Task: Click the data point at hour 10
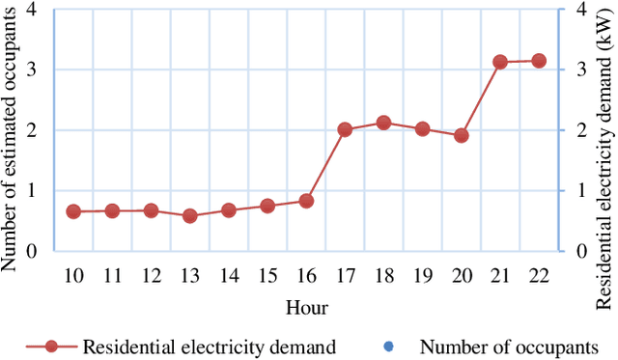[73, 211]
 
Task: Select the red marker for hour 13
[190, 216]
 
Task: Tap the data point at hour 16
[306, 201]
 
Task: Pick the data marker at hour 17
[345, 129]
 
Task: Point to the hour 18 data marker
[383, 123]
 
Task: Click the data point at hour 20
[462, 136]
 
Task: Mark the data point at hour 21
[500, 62]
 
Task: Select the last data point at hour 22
[539, 61]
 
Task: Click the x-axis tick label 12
[151, 276]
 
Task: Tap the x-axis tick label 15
[267, 276]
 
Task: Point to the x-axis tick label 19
[422, 276]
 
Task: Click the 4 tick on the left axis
[33, 10]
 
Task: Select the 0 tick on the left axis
[33, 251]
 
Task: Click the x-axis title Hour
[306, 308]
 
